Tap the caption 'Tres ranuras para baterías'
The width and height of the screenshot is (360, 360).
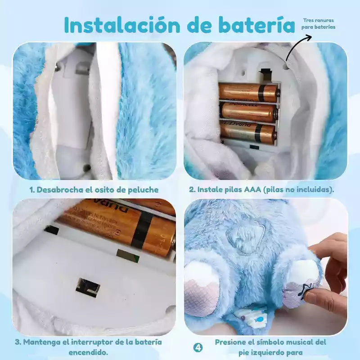click(318, 24)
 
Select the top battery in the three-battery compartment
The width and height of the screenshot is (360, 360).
click(249, 92)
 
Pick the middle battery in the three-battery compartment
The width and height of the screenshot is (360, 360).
click(250, 112)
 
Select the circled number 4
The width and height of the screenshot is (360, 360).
click(198, 347)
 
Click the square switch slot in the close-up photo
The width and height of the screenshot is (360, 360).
click(88, 288)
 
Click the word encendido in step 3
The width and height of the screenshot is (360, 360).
click(88, 352)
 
